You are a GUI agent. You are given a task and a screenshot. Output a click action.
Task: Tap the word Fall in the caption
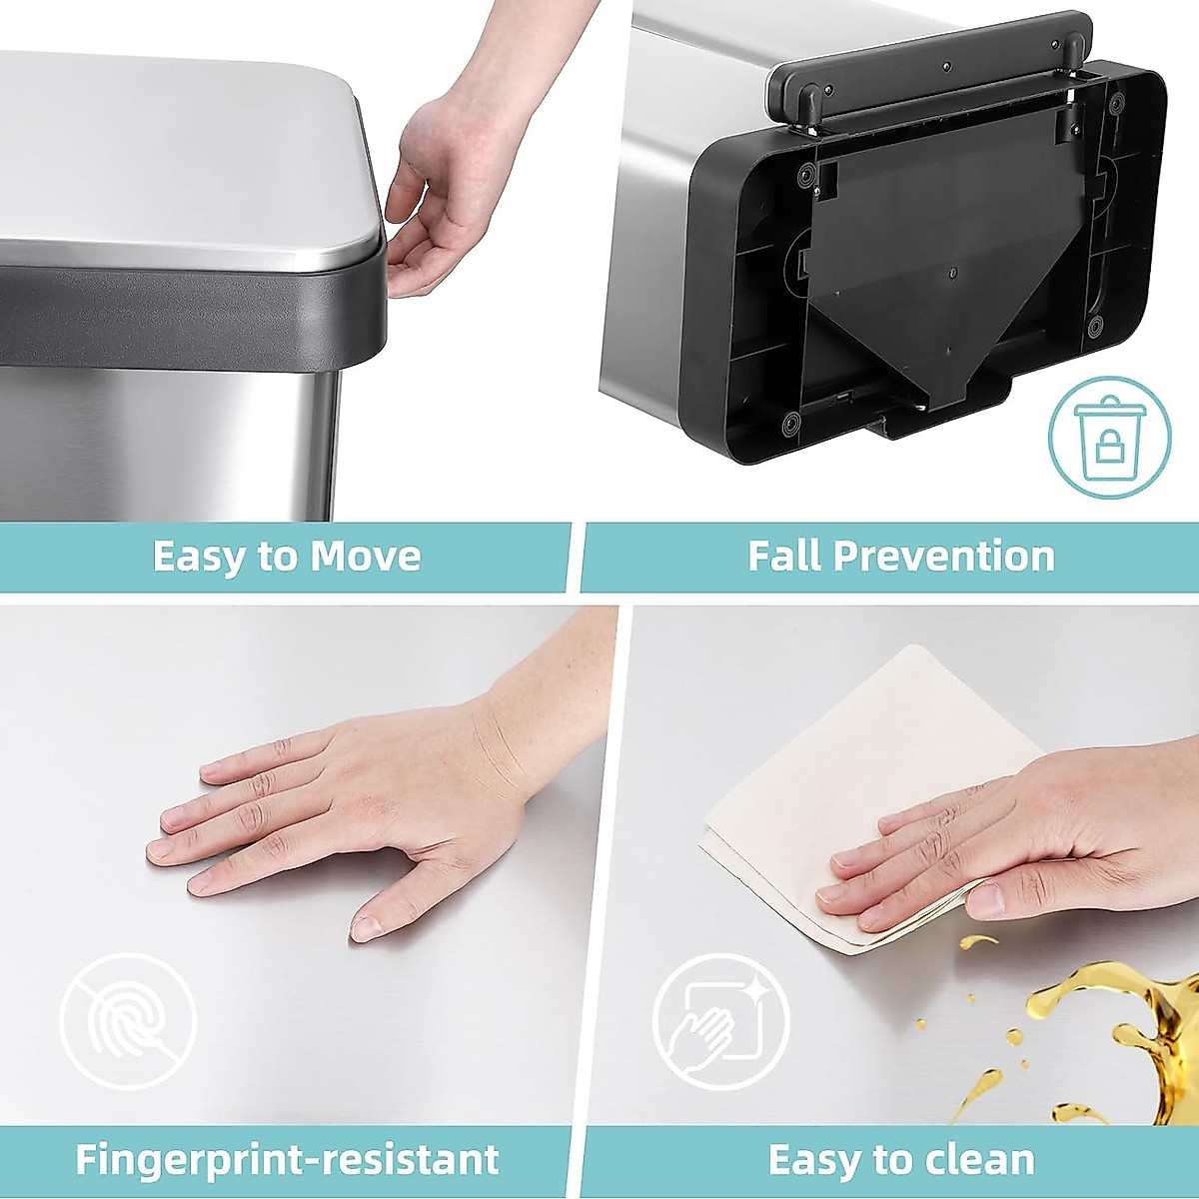tap(786, 557)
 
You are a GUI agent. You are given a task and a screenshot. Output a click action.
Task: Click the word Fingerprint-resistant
tap(287, 1160)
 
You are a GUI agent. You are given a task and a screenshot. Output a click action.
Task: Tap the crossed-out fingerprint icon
tap(128, 1021)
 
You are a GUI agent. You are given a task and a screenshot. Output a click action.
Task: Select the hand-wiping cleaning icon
tap(720, 1021)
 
